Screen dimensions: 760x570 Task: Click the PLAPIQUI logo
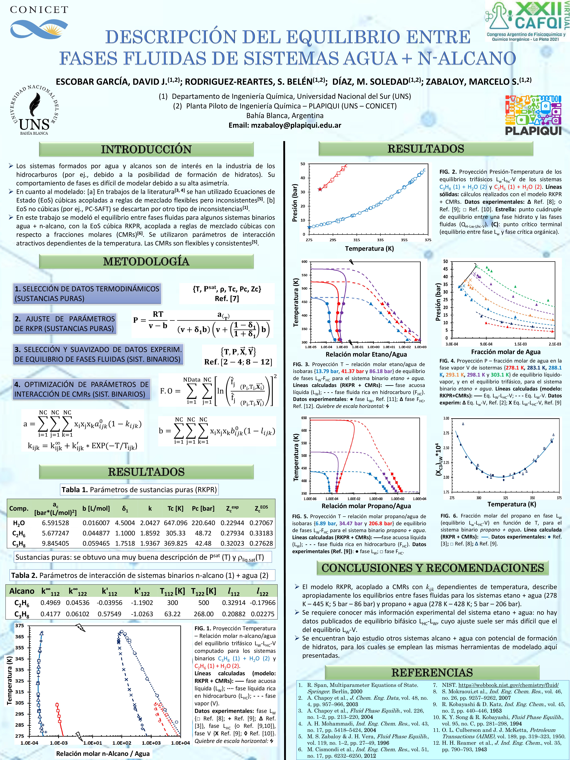click(x=533, y=115)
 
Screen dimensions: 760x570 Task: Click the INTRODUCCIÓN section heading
click(x=146, y=149)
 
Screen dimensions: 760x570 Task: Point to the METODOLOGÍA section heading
click(x=146, y=261)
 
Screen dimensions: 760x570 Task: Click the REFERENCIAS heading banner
click(x=432, y=672)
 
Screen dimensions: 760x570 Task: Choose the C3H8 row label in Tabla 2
click(x=22, y=614)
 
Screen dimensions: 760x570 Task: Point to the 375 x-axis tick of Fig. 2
click(x=428, y=240)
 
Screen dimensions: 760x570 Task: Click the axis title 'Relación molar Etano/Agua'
click(x=366, y=354)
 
